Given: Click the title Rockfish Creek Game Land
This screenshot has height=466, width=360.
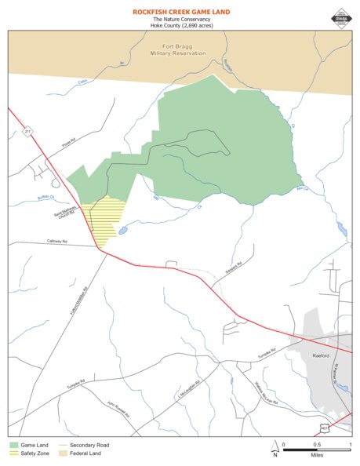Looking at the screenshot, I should [x=180, y=12].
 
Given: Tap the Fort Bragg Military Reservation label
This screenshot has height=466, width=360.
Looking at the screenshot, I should [x=179, y=50].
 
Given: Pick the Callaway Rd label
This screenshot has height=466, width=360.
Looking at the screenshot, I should [x=37, y=241].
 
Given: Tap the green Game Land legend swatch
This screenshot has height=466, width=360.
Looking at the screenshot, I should [x=13, y=445].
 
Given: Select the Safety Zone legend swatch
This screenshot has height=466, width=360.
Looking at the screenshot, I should [x=13, y=453].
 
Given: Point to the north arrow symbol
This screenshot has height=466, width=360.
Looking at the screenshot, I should [x=275, y=448].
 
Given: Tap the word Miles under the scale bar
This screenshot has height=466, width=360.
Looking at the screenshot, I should [x=317, y=454].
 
